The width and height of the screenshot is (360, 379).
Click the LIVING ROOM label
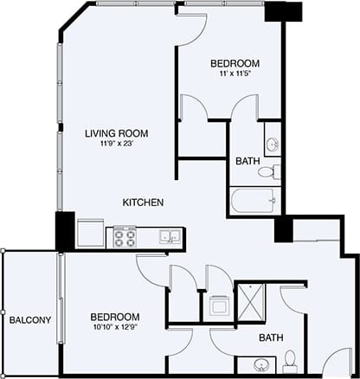click(115, 133)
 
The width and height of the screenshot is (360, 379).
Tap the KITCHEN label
click(143, 202)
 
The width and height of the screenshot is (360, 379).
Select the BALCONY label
click(30, 320)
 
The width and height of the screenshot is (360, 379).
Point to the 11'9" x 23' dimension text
click(115, 145)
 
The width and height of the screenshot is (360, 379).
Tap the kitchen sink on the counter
click(168, 235)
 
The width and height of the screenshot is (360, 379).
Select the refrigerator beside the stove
click(90, 234)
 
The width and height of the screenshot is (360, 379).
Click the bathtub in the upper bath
click(254, 202)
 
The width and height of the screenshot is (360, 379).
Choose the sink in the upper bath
click(272, 144)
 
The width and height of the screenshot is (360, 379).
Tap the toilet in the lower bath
click(291, 357)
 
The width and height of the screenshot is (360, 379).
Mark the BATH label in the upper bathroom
click(245, 161)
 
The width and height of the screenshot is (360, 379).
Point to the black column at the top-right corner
click(284, 13)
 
